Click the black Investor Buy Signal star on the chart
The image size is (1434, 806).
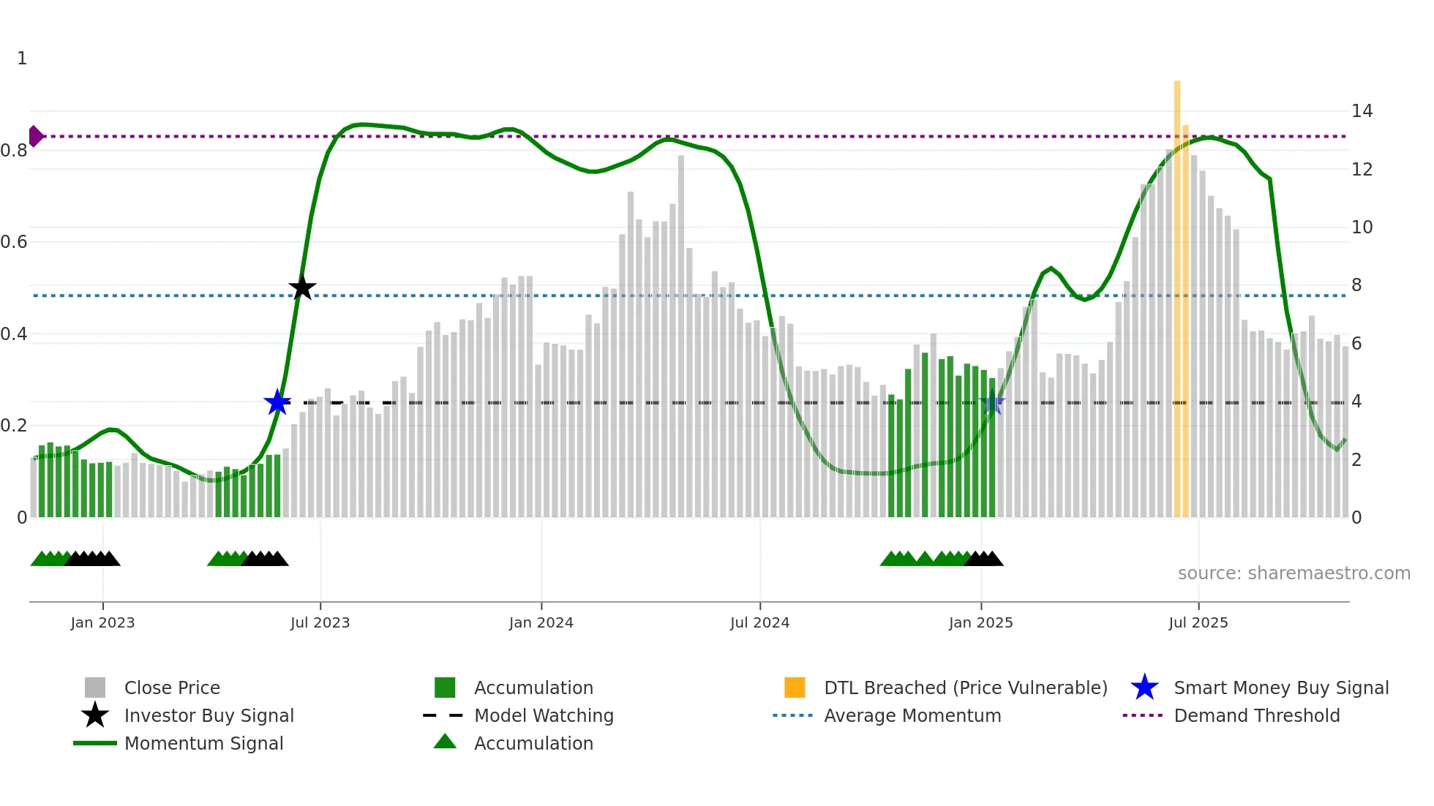pos(302,287)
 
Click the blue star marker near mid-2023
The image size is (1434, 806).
pos(277,402)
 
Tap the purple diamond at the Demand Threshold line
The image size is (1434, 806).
pos(35,136)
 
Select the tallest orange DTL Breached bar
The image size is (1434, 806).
pos(1177,293)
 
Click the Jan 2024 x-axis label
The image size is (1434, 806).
pos(541,622)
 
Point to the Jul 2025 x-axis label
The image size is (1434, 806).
pos(1198,622)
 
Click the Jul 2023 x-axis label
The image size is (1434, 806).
pos(320,622)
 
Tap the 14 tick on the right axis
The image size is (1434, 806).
pos(1362,111)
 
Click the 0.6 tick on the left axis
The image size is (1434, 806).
pos(14,242)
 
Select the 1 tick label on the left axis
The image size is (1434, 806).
pos(22,59)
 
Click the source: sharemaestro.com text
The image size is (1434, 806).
pos(1294,573)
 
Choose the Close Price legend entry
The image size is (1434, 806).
pos(172,688)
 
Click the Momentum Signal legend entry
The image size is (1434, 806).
pos(203,743)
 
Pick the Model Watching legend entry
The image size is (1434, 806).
pos(544,715)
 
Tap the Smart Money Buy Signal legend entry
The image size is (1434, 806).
pos(1280,688)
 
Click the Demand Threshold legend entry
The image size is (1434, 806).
pos(1256,715)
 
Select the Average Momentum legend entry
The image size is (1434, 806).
pos(912,715)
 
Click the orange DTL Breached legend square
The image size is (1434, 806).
pos(795,688)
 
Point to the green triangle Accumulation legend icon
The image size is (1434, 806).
pos(445,742)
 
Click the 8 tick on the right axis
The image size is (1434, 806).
pos(1356,285)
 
